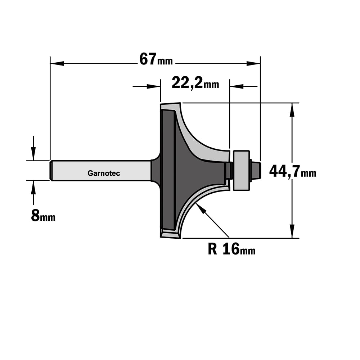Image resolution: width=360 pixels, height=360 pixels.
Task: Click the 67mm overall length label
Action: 156,59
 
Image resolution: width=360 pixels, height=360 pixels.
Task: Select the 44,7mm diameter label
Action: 292,171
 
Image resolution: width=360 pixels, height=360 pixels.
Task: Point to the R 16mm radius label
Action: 231,249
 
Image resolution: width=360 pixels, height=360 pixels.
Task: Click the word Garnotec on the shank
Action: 104,174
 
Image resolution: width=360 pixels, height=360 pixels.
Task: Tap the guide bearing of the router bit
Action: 241,170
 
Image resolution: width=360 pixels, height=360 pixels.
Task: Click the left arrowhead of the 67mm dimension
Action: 57,63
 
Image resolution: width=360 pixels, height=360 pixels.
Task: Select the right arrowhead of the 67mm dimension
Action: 253,63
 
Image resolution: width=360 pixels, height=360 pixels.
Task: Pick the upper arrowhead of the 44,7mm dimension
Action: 292,110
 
